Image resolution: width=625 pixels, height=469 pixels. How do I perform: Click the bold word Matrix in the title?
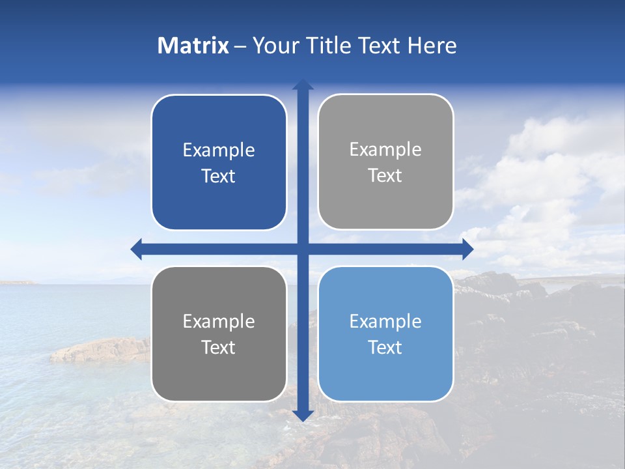click(x=193, y=46)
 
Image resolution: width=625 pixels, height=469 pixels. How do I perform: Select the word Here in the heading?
click(x=432, y=46)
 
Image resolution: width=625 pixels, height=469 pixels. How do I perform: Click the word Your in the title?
click(x=274, y=46)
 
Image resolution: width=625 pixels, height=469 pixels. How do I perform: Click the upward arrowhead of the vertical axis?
click(x=303, y=84)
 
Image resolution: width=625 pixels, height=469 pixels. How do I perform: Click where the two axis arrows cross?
click(x=303, y=249)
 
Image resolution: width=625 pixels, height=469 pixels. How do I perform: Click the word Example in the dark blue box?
click(x=219, y=150)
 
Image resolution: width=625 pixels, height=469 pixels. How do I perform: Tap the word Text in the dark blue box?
click(x=219, y=176)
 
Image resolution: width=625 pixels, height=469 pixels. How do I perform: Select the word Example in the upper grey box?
click(x=385, y=149)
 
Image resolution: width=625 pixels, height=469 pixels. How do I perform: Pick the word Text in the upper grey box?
click(x=385, y=175)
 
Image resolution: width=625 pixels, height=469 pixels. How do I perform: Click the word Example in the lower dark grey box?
click(x=219, y=321)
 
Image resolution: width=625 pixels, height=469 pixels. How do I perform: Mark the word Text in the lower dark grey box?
click(x=219, y=347)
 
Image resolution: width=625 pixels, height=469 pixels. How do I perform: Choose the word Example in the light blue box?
click(x=385, y=321)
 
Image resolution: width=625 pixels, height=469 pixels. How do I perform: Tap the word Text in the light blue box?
click(x=385, y=347)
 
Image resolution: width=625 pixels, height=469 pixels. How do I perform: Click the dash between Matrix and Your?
click(x=240, y=46)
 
